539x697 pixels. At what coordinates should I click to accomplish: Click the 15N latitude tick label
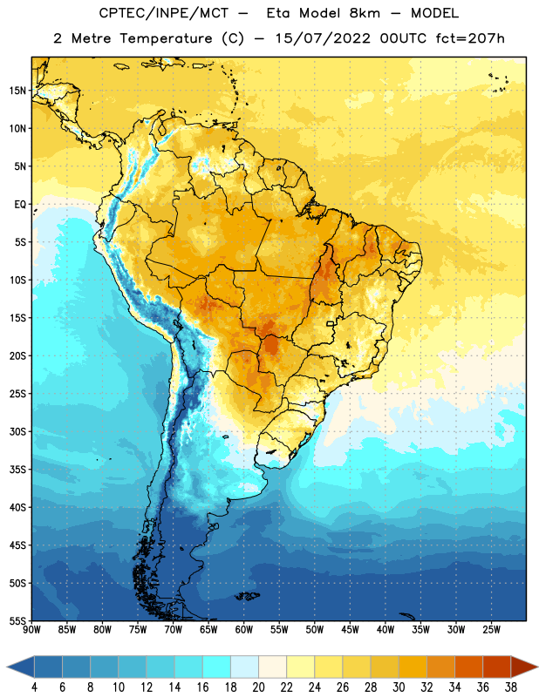click(x=17, y=91)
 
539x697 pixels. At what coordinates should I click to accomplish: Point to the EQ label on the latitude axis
click(x=20, y=205)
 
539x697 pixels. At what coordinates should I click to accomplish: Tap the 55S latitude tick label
click(x=17, y=621)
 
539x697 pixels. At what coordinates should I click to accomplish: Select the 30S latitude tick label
click(x=17, y=431)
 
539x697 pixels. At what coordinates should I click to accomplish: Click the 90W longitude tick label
click(x=31, y=630)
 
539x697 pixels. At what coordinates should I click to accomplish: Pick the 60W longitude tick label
click(x=244, y=630)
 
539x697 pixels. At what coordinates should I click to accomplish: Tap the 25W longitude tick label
click(x=491, y=630)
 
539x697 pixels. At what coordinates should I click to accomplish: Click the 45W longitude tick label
click(x=350, y=630)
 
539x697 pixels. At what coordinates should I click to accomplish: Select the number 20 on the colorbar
click(x=258, y=687)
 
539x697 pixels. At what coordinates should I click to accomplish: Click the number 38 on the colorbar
click(x=511, y=687)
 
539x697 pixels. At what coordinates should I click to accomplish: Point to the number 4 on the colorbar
click(x=34, y=687)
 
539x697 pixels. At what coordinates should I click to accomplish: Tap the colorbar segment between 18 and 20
click(x=244, y=667)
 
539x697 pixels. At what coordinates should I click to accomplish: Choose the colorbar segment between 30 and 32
click(x=413, y=667)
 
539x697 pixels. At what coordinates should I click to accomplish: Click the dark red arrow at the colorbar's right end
click(x=523, y=667)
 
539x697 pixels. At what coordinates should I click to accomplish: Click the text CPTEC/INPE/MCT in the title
click(x=164, y=13)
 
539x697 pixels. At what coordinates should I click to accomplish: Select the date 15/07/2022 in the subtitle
click(x=322, y=38)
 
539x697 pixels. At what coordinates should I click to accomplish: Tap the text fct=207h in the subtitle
click(x=470, y=38)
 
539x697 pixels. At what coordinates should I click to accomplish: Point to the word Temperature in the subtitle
click(x=166, y=38)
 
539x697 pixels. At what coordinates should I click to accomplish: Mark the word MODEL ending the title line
click(x=434, y=13)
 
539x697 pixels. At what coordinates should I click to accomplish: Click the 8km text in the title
click(x=365, y=13)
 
